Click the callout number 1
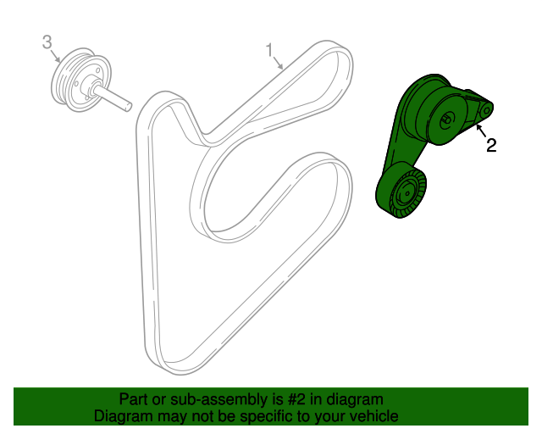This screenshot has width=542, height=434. [x=270, y=51]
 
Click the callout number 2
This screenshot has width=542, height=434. [x=491, y=145]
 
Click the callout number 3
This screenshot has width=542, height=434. [x=47, y=42]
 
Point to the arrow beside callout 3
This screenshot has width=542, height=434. [x=56, y=55]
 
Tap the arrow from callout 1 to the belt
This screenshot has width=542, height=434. [x=278, y=62]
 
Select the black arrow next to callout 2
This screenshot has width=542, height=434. [x=482, y=131]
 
